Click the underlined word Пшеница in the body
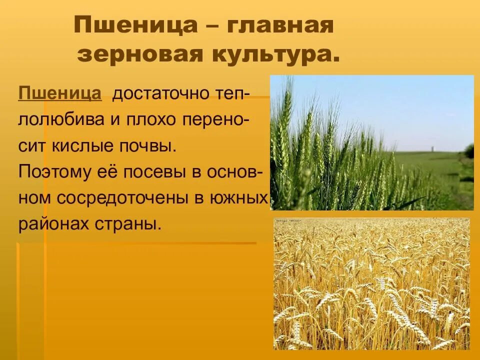pyautogui.click(x=60, y=93)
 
